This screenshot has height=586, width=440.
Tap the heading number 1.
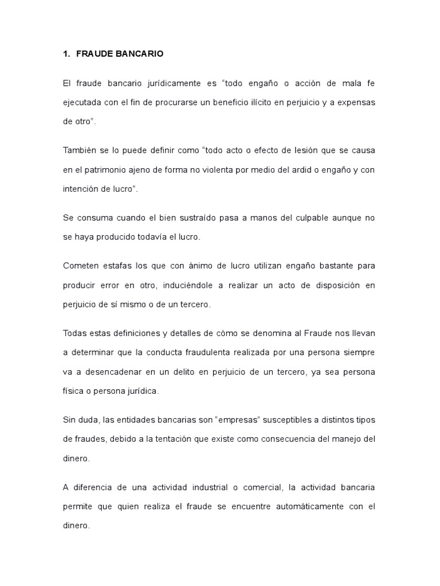65,54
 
